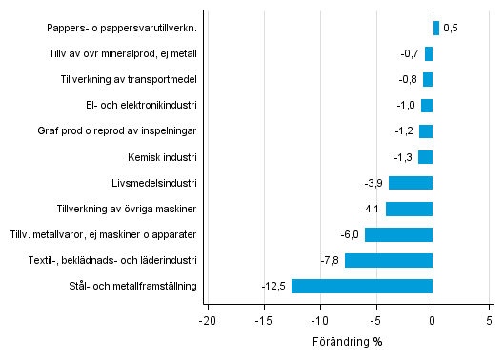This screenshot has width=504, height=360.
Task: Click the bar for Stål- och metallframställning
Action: [362, 286]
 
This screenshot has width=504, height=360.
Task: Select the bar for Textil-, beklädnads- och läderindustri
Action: [389, 260]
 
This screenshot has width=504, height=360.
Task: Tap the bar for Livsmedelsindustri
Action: [411, 183]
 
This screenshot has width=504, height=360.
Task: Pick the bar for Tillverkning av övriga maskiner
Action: [410, 209]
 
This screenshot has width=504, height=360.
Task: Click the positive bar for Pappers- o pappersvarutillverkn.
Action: [436, 29]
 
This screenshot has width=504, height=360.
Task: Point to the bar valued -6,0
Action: [399, 234]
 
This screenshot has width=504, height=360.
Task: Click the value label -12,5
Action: [274, 286]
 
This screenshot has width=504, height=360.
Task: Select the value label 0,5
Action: [451, 29]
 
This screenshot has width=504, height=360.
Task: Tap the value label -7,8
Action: [331, 260]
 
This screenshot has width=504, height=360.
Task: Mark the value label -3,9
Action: [374, 183]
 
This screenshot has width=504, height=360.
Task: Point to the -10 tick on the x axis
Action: [319, 321]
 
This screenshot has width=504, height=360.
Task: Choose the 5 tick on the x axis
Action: [490, 321]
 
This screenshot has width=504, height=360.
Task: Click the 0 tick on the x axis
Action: [433, 321]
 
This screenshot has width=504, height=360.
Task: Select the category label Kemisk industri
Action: [161, 157]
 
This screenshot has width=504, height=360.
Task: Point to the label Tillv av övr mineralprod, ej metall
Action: [124, 54]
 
